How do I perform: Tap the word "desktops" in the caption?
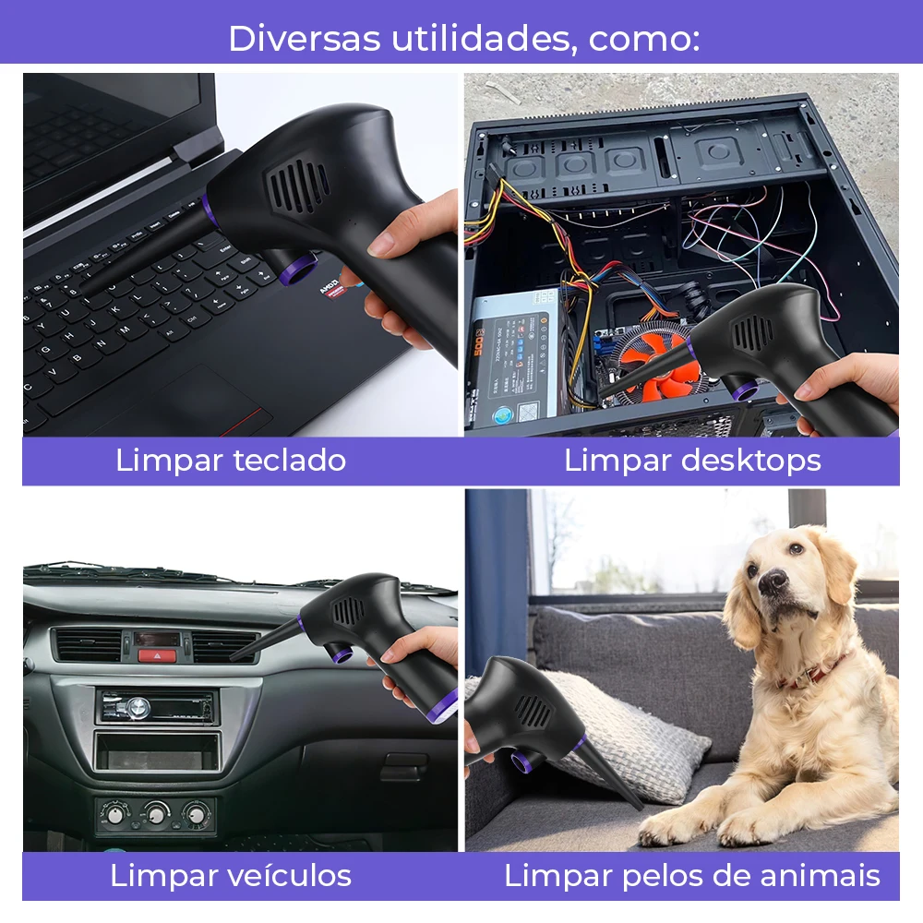pos(750,460)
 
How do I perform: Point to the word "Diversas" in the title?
pos(305,38)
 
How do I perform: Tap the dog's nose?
pos(772,581)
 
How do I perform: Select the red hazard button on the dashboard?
pos(157,655)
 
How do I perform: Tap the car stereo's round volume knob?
pos(138,707)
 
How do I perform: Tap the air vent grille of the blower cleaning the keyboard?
pos(298,186)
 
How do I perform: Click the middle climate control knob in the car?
pos(157,815)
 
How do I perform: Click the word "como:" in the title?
pos(644,38)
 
